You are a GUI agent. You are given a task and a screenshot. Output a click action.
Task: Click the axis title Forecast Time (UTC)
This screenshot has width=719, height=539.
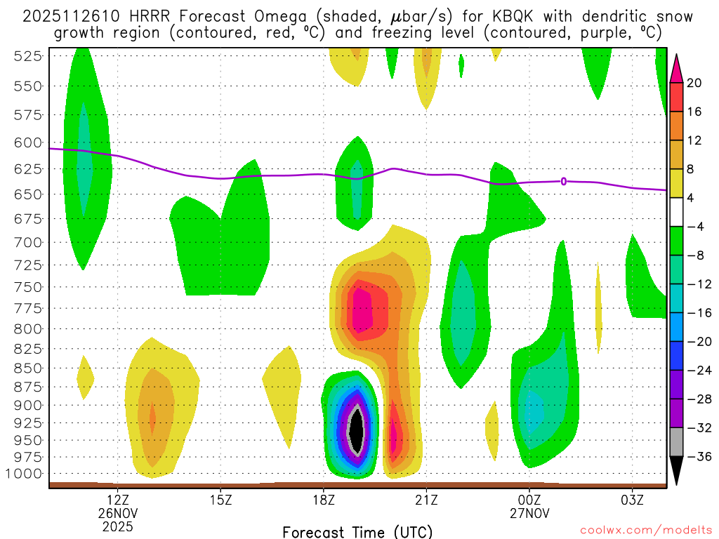point(357,531)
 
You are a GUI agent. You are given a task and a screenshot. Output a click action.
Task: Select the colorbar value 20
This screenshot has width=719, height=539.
point(694,83)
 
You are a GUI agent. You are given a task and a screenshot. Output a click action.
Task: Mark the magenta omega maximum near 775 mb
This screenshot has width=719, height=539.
point(362,309)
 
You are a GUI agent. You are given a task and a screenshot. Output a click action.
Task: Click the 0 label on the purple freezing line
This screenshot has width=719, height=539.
point(564,182)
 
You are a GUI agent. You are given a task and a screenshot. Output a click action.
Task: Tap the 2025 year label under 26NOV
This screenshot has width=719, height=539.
point(118,526)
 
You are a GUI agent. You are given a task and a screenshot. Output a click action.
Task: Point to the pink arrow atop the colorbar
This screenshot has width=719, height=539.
point(677,66)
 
